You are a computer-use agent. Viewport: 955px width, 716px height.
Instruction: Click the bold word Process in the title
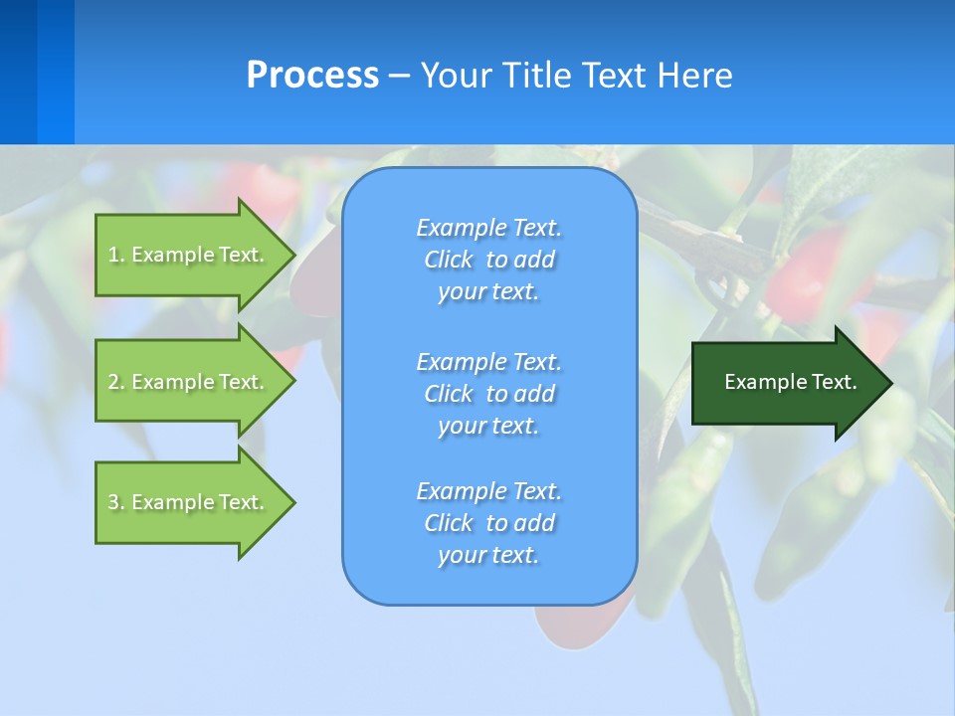click(312, 76)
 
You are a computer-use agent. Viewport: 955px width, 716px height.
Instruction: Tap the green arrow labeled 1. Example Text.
click(189, 255)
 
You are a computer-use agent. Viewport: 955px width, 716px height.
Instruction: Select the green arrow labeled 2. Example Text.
click(189, 382)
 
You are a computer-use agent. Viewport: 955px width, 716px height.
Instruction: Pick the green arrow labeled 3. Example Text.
click(189, 502)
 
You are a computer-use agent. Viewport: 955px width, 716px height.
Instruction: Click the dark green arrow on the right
click(786, 383)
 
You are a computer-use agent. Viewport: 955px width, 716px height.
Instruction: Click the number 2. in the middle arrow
click(116, 382)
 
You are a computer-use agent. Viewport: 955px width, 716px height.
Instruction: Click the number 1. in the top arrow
click(116, 255)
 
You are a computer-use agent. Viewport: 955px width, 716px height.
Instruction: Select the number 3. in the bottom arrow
click(116, 502)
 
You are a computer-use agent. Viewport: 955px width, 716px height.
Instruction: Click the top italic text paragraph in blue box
click(488, 260)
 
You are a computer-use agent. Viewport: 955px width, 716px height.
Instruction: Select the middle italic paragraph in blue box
click(488, 394)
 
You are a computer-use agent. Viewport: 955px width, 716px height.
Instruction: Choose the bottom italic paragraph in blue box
click(488, 523)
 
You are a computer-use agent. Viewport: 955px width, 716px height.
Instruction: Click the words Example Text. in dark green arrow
click(790, 382)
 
